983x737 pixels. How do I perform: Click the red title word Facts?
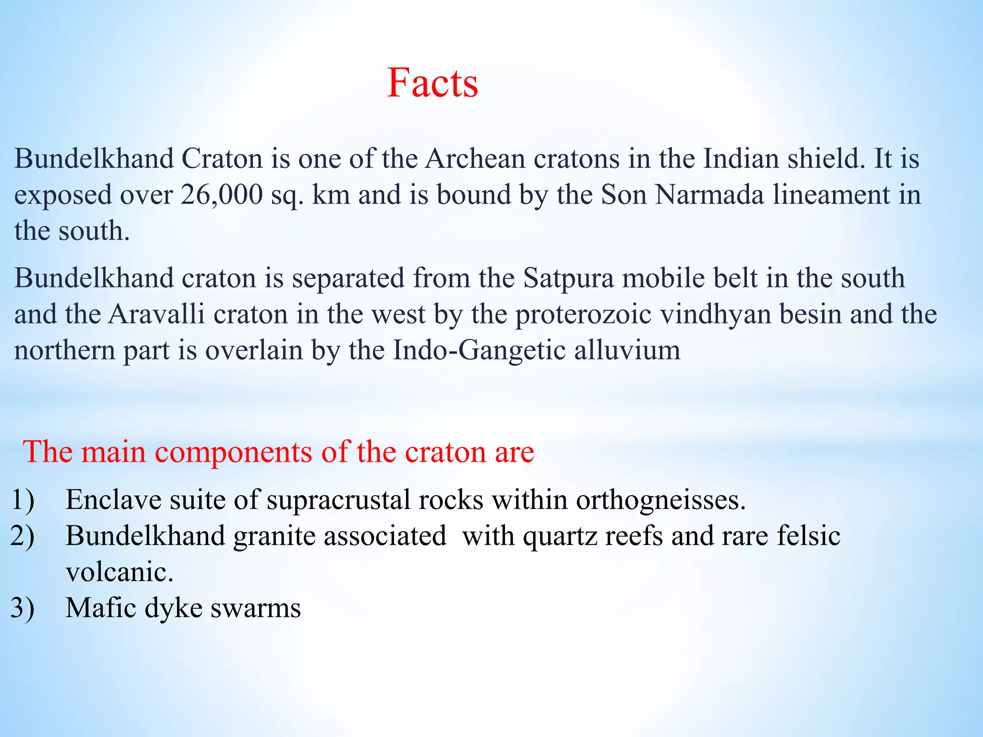click(x=432, y=83)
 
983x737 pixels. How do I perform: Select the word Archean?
click(x=475, y=159)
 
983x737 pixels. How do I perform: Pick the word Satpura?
click(x=568, y=278)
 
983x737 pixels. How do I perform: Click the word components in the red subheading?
click(x=233, y=452)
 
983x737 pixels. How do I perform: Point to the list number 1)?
click(x=23, y=500)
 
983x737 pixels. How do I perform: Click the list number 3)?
click(x=23, y=608)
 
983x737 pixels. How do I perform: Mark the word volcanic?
click(x=119, y=572)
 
